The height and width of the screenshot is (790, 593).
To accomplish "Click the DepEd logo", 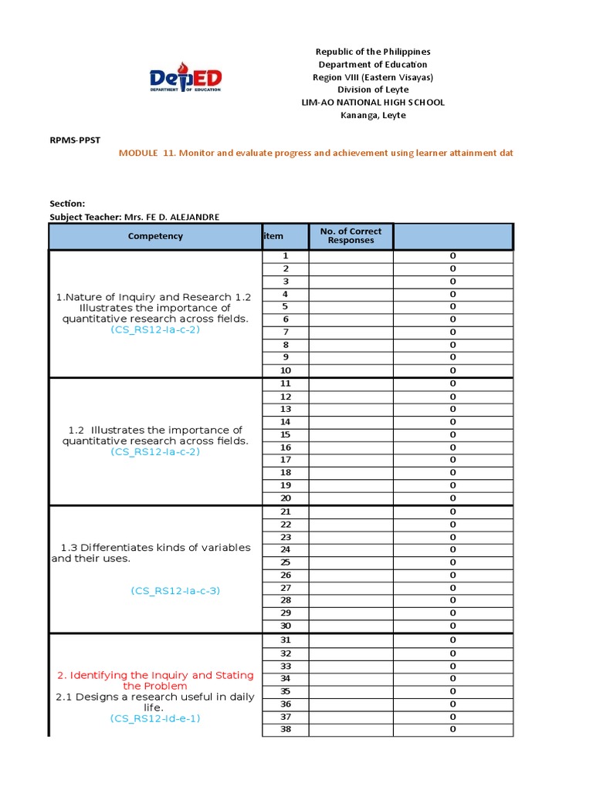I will point(185,79).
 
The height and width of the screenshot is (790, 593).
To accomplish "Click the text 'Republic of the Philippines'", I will point(373,52).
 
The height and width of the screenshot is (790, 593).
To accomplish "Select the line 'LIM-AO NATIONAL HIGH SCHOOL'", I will point(373,103).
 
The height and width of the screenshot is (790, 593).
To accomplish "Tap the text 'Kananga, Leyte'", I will point(373,116).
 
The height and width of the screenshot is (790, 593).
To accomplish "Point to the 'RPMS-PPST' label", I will point(72,141).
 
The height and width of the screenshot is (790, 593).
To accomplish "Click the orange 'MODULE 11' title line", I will point(316,153).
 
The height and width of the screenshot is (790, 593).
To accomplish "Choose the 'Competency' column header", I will point(155,236).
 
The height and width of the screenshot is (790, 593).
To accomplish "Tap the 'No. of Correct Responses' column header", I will point(351,236).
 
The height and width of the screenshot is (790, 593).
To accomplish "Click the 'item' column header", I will point(273,236).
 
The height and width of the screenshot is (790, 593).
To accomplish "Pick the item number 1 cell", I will point(285,256).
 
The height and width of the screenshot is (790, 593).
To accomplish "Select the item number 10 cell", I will point(285,370).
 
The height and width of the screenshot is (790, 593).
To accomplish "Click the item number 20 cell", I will point(285,498).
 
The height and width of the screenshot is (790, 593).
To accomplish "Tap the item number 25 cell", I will point(285,562).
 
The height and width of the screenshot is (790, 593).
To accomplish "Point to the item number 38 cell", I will point(285,729).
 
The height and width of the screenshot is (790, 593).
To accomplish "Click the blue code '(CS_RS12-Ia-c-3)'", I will point(175,591).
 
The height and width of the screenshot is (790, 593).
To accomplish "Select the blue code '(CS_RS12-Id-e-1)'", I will point(155,718).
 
